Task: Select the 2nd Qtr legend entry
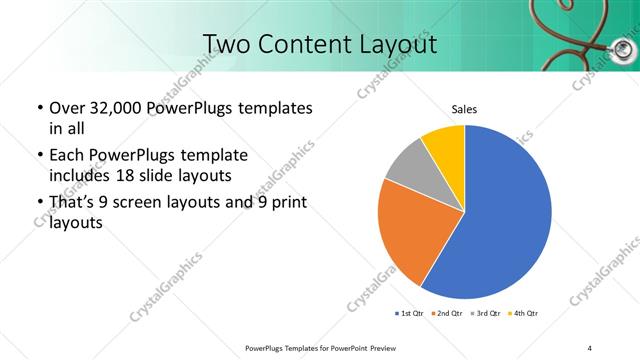click(x=447, y=314)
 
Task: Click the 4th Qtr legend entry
click(x=524, y=314)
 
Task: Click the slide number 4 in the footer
click(x=590, y=347)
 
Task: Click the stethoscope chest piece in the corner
click(x=623, y=48)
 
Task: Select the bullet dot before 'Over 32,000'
click(x=38, y=108)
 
